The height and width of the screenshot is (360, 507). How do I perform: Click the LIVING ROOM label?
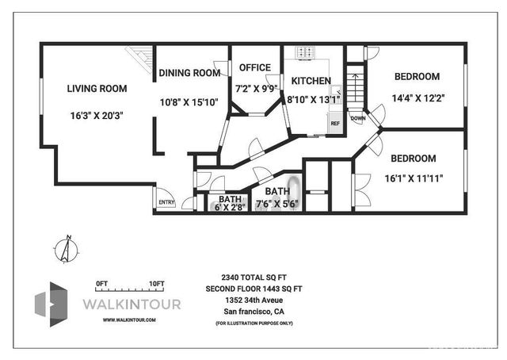[x=97, y=88]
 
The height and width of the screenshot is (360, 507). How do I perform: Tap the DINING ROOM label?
[x=189, y=73]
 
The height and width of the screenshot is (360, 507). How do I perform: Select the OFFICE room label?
[x=254, y=68]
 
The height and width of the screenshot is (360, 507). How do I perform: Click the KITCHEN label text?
[x=310, y=82]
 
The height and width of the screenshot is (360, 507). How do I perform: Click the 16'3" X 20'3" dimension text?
[x=97, y=116]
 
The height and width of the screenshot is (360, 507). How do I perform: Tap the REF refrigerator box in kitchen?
[x=334, y=124]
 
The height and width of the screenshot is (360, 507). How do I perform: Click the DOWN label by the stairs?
[x=358, y=119]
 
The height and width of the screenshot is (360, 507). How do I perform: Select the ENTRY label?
[x=166, y=202]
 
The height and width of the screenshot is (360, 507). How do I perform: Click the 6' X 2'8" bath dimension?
[x=230, y=207]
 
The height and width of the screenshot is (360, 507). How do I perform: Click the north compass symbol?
[x=67, y=251]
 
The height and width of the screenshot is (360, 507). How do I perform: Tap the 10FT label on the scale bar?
[x=156, y=283]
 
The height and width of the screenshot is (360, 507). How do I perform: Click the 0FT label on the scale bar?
[x=101, y=283]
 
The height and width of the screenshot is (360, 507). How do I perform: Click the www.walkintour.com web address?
[x=129, y=320]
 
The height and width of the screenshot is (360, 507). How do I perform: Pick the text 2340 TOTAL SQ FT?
[x=253, y=278]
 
